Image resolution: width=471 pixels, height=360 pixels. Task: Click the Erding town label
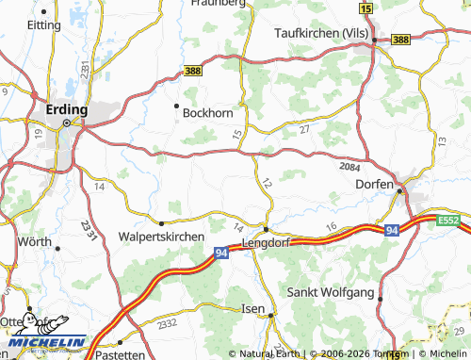(67, 109)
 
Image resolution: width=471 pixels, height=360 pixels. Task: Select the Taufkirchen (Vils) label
(319, 31)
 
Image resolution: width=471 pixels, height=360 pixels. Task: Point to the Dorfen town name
(374, 185)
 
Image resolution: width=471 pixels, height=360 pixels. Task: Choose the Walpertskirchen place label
(161, 237)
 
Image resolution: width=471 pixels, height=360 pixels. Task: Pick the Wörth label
(36, 242)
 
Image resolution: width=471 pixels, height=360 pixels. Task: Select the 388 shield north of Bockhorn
(193, 72)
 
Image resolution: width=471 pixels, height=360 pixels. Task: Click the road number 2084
(349, 166)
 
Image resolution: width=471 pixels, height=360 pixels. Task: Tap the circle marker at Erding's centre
(66, 123)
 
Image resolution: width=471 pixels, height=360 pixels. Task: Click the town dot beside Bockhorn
(176, 106)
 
